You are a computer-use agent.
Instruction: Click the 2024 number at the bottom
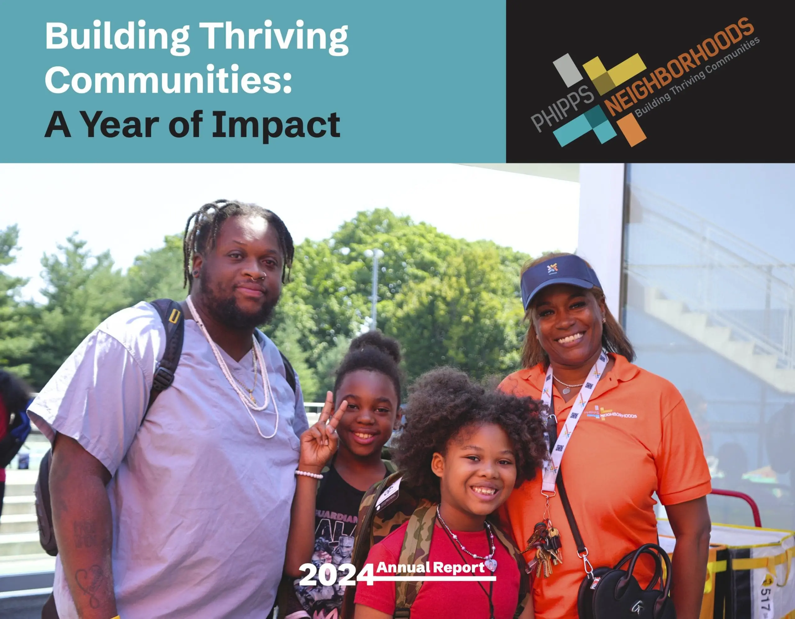click(336, 575)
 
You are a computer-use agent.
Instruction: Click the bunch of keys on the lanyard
click(546, 548)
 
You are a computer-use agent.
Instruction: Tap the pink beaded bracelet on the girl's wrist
click(309, 474)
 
